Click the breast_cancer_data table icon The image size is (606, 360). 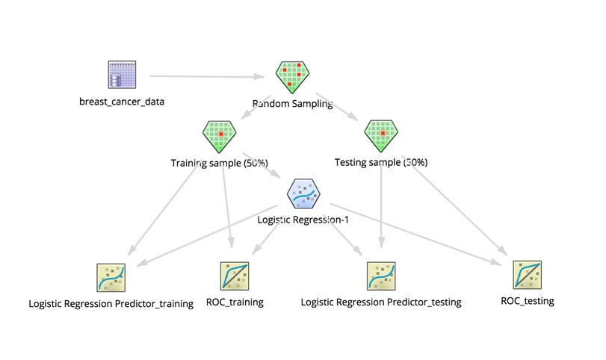point(121,75)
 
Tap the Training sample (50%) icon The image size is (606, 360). point(220,137)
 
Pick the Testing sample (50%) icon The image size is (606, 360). point(381,136)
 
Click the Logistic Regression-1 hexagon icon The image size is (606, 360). point(304,196)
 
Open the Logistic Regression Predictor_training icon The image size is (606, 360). point(111,277)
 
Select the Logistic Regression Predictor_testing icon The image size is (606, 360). point(380,276)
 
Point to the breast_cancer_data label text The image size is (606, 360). point(121,100)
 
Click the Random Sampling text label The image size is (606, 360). point(292,104)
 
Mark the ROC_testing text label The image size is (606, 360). point(528,301)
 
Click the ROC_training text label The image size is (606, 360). point(234,302)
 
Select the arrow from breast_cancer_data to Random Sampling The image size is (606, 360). point(209,76)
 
